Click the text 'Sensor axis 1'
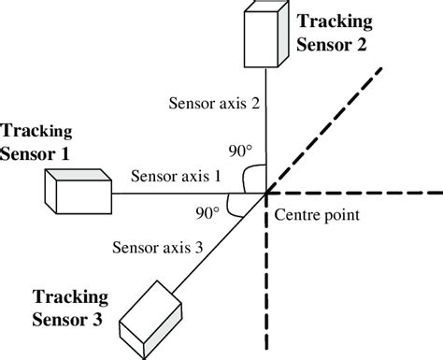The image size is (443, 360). pos(176,175)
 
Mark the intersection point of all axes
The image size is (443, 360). pos(268,193)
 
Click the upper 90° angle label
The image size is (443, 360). pos(242,150)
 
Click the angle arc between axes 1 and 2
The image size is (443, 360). pos(250,179)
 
